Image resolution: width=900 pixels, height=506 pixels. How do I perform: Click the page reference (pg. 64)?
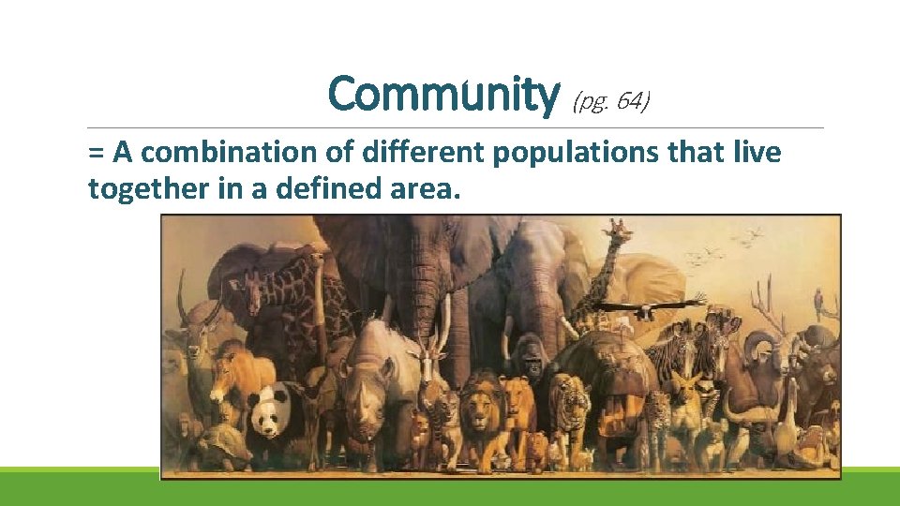(610, 100)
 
